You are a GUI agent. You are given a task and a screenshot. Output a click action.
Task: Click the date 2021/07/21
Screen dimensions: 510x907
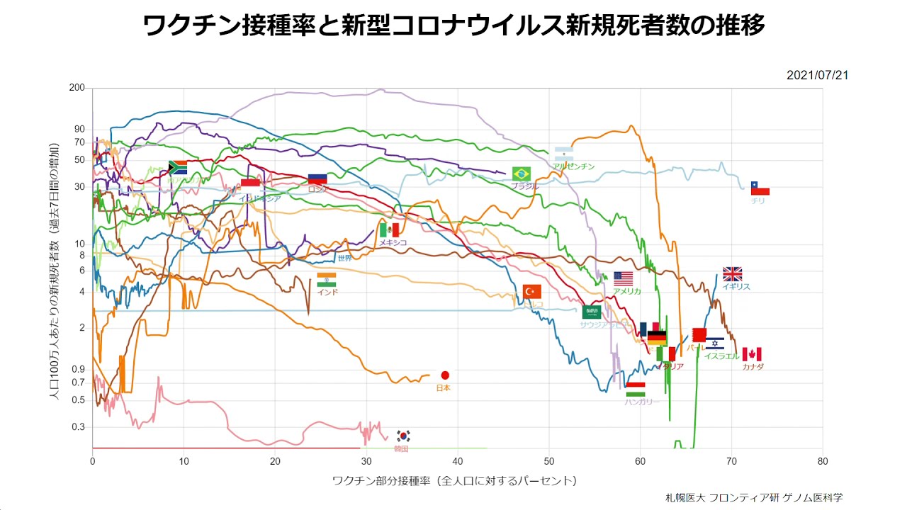click(x=817, y=75)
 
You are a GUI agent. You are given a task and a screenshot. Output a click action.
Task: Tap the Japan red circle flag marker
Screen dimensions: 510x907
click(x=445, y=375)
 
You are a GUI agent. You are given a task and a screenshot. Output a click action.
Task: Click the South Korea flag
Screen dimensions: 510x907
click(x=403, y=436)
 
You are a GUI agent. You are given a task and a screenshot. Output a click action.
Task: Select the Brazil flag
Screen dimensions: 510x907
click(x=522, y=174)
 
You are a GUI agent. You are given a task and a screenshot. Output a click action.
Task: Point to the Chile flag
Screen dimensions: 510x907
click(x=760, y=188)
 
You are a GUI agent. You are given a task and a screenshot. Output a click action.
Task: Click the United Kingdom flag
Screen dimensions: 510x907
click(x=732, y=274)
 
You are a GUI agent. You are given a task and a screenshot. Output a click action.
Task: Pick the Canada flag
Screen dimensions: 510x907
click(x=752, y=354)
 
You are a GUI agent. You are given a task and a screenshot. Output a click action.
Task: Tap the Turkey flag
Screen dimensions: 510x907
click(x=532, y=291)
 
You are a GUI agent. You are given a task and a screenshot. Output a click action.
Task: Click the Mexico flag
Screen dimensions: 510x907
click(x=389, y=229)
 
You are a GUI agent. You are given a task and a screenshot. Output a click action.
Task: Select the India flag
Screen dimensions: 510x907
click(x=327, y=280)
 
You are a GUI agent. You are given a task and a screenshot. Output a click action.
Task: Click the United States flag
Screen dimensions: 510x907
click(x=624, y=278)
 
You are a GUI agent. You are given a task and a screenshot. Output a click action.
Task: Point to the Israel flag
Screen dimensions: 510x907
click(x=715, y=344)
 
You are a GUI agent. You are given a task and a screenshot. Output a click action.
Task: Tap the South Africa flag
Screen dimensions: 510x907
click(x=177, y=167)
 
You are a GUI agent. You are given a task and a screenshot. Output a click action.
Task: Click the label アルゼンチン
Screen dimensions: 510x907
click(x=573, y=166)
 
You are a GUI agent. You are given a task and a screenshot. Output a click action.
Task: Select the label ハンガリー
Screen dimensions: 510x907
click(x=642, y=402)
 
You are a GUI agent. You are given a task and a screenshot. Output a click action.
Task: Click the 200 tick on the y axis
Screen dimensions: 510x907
click(x=77, y=88)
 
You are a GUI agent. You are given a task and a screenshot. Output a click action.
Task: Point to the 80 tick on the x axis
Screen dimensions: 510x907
click(x=823, y=460)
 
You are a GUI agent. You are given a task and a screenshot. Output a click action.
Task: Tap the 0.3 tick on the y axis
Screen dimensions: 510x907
click(x=79, y=426)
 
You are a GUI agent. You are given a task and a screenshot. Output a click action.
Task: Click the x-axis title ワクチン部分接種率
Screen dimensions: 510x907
click(x=453, y=481)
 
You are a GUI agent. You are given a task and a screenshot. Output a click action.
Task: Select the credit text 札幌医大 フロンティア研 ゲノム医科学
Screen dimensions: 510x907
click(x=754, y=497)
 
